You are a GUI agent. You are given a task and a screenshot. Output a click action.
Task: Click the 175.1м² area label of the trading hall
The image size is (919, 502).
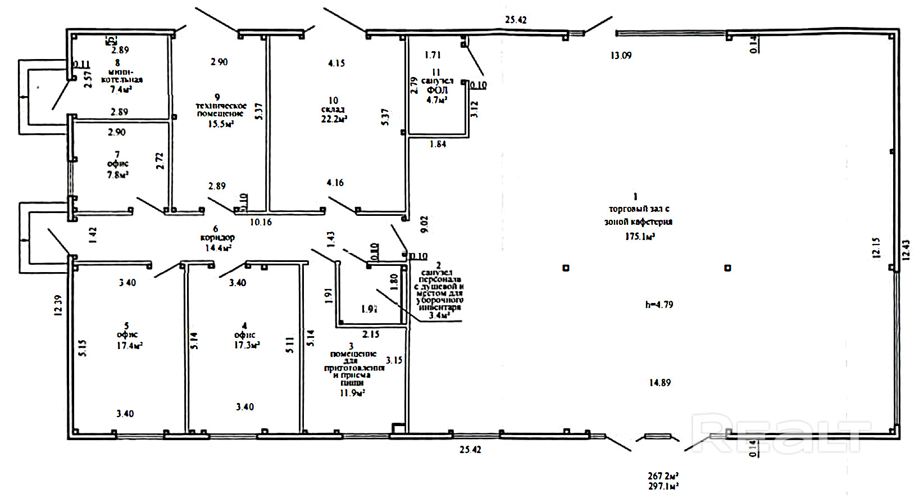[x=640, y=237]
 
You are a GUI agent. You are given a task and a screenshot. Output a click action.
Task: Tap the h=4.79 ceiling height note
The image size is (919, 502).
[x=659, y=305]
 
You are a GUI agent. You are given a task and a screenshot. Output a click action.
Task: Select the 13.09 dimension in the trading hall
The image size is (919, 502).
[x=621, y=56]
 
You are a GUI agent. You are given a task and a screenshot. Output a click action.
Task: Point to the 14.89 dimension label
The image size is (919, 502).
[x=659, y=383]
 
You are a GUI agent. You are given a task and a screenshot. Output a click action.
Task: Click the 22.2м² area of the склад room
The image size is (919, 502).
[x=334, y=119]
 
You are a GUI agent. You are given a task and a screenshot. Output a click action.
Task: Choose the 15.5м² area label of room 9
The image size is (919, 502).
[x=221, y=124]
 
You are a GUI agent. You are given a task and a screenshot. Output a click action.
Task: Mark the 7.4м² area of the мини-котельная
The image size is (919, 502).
[x=121, y=89]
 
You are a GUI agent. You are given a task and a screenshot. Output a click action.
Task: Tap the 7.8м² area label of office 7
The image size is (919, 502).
[x=118, y=175]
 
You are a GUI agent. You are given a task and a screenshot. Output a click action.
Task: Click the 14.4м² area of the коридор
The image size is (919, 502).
[x=218, y=247]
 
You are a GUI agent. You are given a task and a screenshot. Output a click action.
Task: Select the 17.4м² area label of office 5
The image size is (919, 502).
[x=129, y=346]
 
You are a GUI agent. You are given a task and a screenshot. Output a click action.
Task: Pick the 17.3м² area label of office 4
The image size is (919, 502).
[x=247, y=345]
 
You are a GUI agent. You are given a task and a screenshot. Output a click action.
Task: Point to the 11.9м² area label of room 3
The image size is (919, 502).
[x=352, y=393]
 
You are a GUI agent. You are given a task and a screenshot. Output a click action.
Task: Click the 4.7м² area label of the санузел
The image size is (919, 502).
[x=436, y=100]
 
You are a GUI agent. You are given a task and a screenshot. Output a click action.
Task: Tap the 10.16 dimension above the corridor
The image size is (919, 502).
[x=261, y=222]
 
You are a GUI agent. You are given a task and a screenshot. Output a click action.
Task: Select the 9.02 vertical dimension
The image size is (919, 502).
[x=425, y=224]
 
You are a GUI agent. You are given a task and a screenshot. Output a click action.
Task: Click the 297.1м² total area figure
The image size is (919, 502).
[x=663, y=486]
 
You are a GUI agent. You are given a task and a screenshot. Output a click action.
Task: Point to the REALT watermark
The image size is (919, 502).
[x=781, y=434]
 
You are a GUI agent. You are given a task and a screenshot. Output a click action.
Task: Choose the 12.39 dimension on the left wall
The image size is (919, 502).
[x=57, y=305]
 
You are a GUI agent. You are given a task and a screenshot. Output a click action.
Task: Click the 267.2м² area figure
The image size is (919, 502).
[x=663, y=476]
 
